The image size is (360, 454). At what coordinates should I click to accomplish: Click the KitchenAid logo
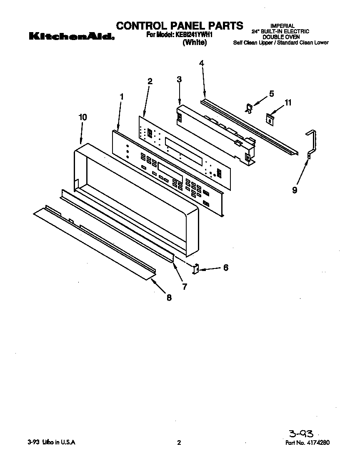click(71, 37)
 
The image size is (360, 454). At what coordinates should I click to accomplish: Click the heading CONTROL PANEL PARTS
click(179, 26)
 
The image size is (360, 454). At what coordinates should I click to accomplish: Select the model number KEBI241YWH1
click(192, 35)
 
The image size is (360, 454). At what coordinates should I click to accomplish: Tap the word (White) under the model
click(194, 43)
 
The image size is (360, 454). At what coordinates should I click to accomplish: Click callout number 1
click(122, 96)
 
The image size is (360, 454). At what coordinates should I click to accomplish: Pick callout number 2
click(150, 81)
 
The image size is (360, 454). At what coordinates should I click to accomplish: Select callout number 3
click(179, 80)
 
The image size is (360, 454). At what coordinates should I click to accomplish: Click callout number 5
click(271, 94)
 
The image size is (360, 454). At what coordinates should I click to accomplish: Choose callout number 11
click(288, 103)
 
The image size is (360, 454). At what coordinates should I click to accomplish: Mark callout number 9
click(295, 190)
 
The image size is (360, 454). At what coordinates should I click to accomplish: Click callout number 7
click(184, 286)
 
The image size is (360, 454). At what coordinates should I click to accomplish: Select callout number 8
click(169, 298)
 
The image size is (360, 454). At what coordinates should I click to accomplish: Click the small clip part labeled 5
click(249, 109)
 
